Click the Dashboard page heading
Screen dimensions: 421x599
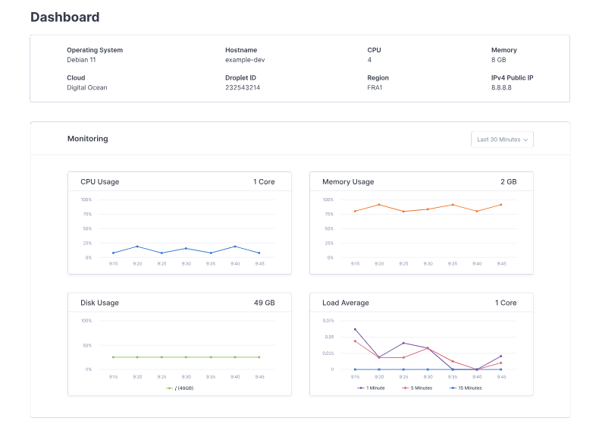64,17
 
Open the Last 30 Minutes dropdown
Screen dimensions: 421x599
501,140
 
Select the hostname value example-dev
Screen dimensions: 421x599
245,60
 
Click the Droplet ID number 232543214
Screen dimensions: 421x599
243,87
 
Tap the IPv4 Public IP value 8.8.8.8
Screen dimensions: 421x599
501,87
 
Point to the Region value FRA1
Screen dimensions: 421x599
376,87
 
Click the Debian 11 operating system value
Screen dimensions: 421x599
81,60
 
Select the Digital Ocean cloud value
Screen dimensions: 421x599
87,87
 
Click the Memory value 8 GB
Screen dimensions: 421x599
500,60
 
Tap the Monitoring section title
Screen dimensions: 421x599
87,139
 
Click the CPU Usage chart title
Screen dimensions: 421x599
99,182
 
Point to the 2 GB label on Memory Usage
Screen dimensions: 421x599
508,182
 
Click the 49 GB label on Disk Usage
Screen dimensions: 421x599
264,303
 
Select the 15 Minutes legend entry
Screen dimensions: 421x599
466,388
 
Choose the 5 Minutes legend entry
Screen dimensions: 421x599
417,388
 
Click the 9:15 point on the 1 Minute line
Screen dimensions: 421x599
355,329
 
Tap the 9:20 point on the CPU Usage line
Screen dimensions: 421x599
137,246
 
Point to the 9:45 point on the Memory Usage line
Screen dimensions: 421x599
501,204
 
